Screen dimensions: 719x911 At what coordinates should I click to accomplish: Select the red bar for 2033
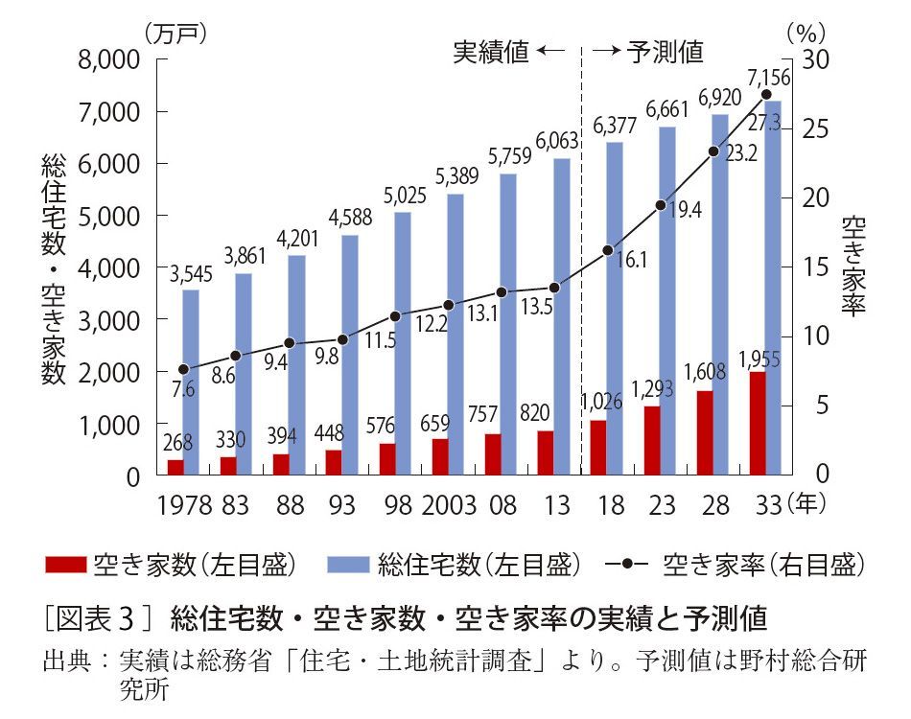point(758,423)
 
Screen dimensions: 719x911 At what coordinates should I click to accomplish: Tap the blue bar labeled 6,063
point(561,316)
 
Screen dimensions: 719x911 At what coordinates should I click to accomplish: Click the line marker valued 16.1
point(608,250)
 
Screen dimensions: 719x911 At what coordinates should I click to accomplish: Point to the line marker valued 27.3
point(766,94)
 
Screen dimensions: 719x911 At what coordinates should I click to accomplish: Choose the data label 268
point(175,442)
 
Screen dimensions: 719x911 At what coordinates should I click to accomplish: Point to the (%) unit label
point(801,31)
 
